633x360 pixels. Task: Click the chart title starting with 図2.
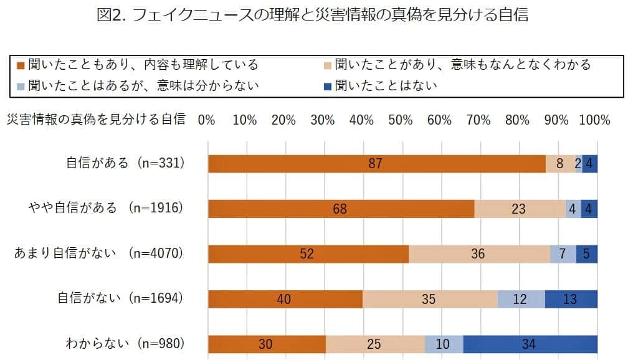[313, 16]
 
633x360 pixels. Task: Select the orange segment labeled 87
[376, 164]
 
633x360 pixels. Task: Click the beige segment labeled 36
[479, 254]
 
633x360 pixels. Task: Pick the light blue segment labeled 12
[521, 299]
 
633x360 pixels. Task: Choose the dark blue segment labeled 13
[571, 299]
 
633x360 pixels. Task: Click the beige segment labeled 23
[520, 209]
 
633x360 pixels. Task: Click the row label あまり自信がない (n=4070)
[100, 253]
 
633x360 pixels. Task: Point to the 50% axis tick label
[401, 120]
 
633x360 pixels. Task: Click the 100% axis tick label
[594, 120]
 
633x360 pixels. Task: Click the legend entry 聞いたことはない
[386, 85]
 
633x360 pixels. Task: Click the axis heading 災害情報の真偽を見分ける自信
[96, 120]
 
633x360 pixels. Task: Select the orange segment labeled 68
[341, 209]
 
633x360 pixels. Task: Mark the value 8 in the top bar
[560, 164]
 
